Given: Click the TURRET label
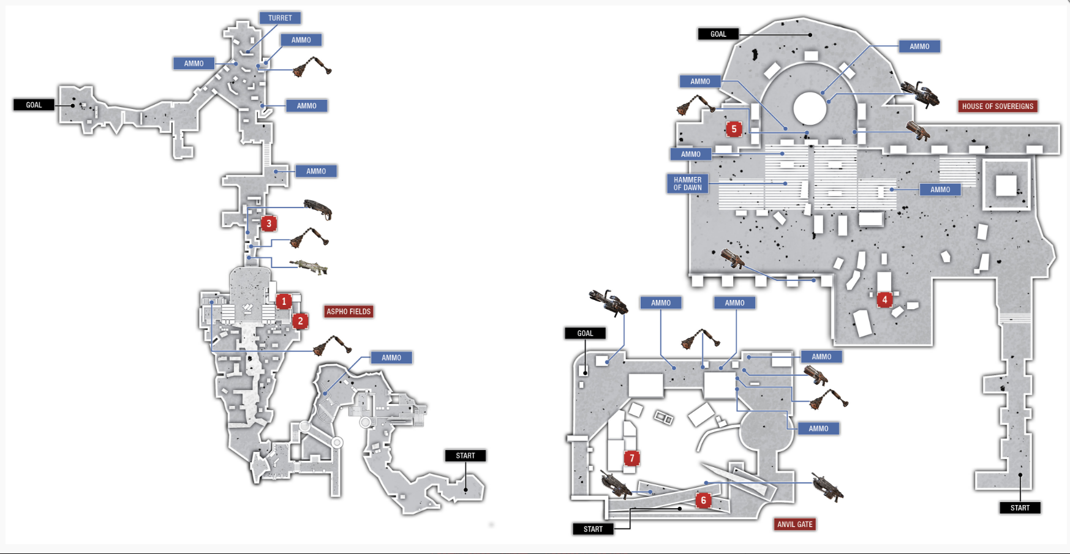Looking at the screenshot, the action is click(x=280, y=18).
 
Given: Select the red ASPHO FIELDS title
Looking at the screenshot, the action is click(x=349, y=312).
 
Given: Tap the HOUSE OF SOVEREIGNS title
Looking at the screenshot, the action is click(x=998, y=107).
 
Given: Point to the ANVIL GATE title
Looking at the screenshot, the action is click(x=795, y=525).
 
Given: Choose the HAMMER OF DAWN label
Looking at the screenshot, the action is click(x=687, y=184).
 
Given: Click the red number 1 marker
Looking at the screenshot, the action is click(x=284, y=301).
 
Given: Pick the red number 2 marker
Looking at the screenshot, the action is click(x=300, y=321).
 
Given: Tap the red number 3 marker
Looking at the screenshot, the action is click(x=268, y=223).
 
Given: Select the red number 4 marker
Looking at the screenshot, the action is click(x=884, y=299).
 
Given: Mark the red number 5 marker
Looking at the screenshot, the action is click(x=734, y=129).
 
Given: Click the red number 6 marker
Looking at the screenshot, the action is click(x=703, y=500).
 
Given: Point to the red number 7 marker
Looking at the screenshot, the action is click(x=631, y=458).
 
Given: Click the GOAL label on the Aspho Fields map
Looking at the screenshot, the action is click(x=34, y=105).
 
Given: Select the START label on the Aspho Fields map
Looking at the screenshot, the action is click(x=465, y=455).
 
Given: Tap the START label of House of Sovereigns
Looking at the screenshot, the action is click(x=1020, y=507).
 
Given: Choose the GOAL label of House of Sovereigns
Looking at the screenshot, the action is click(x=718, y=34).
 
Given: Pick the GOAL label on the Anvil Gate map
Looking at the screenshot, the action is click(x=585, y=334).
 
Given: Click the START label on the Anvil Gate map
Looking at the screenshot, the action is click(x=593, y=529).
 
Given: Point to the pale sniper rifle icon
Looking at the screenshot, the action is click(x=309, y=266).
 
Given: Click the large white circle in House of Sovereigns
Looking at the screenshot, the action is click(x=810, y=108).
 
